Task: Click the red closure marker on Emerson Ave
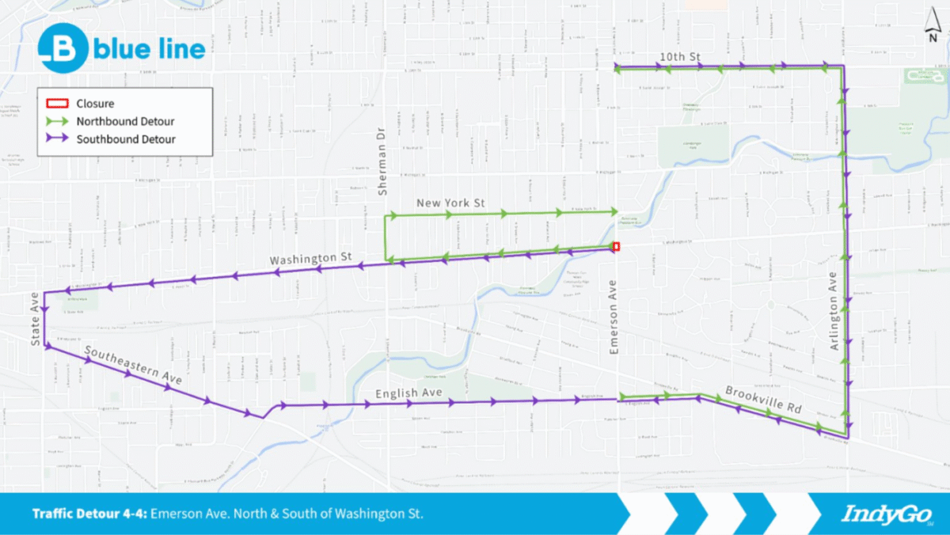[x=616, y=247]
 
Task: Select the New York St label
[x=450, y=203]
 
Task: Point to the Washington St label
[x=310, y=259]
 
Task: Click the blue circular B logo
[x=63, y=49]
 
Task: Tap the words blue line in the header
[x=150, y=49]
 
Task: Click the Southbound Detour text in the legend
[x=126, y=139]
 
